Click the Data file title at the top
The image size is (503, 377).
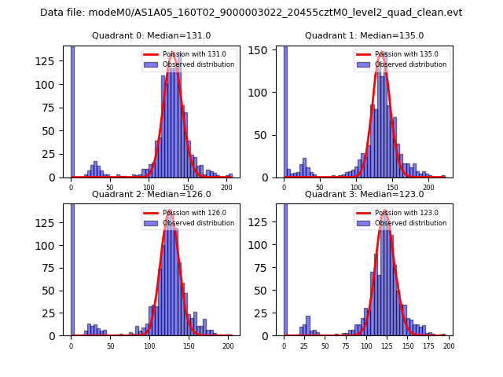pyautogui.click(x=251, y=13)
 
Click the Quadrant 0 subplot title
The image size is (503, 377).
pyautogui.click(x=151, y=35)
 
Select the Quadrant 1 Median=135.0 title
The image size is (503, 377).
pyautogui.click(x=364, y=35)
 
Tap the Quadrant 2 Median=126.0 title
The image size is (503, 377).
pyautogui.click(x=151, y=194)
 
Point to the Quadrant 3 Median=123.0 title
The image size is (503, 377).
pyautogui.click(x=364, y=194)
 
